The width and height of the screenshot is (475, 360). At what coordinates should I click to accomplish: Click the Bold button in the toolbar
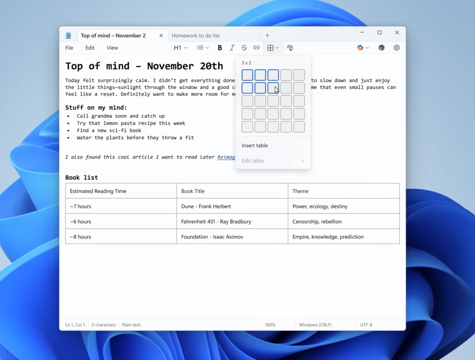pos(220,48)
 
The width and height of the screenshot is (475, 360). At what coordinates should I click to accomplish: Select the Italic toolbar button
pos(232,48)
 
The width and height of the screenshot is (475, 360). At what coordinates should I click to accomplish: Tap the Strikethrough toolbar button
pos(244,48)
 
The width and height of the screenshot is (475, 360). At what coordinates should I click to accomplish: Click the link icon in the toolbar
pos(257,48)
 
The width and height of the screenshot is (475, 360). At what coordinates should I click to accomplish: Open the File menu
pos(69,48)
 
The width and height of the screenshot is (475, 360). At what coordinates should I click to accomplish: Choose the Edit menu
pos(90,48)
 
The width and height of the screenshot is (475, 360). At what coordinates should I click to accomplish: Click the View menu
pos(112,48)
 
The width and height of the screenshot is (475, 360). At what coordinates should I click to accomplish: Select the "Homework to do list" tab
pos(196,36)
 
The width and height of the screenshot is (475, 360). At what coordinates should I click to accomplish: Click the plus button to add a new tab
pos(267,36)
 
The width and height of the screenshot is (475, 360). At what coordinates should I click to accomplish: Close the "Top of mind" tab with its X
pos(161,36)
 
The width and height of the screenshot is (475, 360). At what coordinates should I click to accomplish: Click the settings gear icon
pos(397,48)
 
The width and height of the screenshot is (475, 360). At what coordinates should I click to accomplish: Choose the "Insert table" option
pos(255,146)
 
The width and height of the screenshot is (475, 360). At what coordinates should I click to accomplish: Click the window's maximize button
pos(379,32)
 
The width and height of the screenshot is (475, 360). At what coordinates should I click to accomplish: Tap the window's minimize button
pos(362,32)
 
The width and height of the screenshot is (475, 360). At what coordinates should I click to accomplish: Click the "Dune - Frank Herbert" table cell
pos(206,206)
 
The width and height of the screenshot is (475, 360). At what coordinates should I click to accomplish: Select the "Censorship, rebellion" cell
pos(317,222)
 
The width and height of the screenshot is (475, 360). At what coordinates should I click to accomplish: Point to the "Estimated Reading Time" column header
pos(98,191)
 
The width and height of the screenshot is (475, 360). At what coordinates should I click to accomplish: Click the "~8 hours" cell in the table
pos(81,237)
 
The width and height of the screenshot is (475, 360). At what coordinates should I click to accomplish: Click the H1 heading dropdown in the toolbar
pos(180,48)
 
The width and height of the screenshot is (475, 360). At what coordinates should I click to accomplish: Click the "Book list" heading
pos(82,177)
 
